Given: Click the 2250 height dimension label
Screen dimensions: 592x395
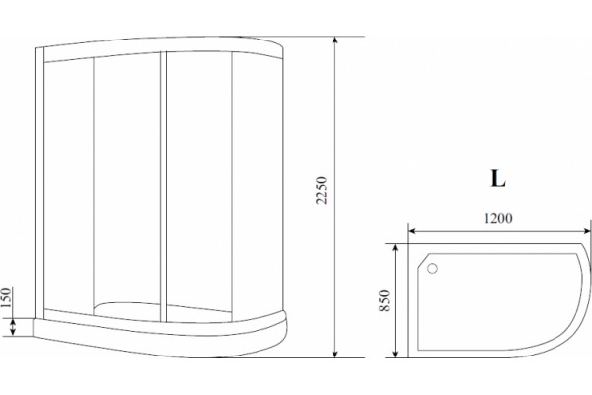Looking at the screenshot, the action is tap(321, 191).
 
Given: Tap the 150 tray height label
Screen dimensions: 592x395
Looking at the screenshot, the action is tap(7, 298).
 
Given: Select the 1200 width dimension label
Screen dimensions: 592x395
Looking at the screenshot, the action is tap(498, 218).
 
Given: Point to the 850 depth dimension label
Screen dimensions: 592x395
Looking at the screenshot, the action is tap(384, 300).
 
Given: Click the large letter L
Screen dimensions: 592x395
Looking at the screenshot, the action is tap(498, 178).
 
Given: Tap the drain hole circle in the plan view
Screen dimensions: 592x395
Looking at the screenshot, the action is tap(432, 269).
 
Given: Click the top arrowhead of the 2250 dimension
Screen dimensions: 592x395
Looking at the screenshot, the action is tap(334, 40).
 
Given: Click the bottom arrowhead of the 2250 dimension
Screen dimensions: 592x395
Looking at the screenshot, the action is tap(334, 354).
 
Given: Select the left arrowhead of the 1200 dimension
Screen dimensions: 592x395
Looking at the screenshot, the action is tap(413, 230).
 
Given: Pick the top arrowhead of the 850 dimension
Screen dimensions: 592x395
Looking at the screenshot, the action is tap(395, 248).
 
